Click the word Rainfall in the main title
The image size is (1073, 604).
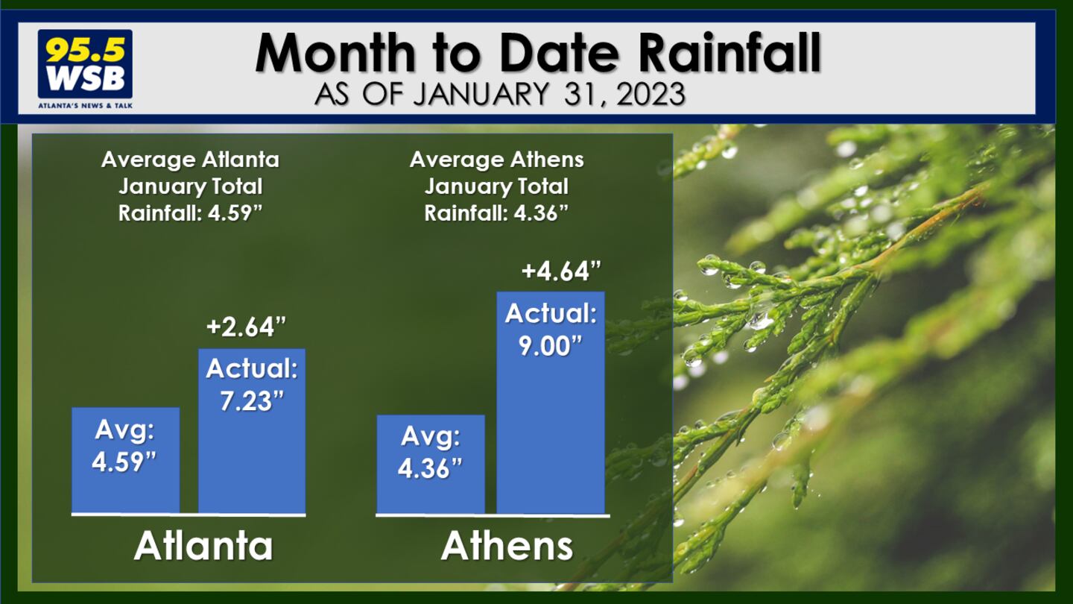coord(729,54)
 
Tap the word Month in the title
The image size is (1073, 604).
coord(336,54)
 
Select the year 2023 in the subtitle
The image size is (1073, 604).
coord(651,94)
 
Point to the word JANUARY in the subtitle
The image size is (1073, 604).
coord(481,94)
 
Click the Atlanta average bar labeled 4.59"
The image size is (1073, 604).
coord(125,461)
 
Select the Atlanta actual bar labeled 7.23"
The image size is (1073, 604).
coord(252,431)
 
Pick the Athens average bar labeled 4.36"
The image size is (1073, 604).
coord(431,465)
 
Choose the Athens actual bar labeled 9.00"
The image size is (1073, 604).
coord(551,403)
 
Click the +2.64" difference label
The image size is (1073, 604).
coord(246,327)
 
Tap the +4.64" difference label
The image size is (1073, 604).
coord(561,271)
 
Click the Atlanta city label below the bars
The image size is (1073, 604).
coord(203,546)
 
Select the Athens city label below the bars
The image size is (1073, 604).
coord(507,546)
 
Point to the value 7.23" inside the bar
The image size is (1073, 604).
coord(252,400)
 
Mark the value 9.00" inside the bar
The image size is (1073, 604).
coord(551,346)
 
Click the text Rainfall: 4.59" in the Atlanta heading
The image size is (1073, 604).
coord(191,213)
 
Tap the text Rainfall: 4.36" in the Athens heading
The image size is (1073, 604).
coord(496,213)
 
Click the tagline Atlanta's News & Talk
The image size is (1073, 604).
coord(85,105)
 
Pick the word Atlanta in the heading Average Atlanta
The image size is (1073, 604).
coord(241,160)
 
